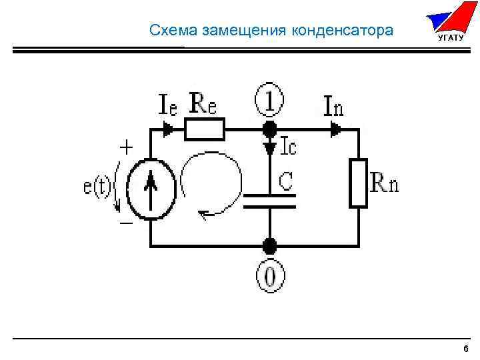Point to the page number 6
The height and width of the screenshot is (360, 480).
tap(465, 349)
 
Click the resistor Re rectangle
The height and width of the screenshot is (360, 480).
tap(205, 129)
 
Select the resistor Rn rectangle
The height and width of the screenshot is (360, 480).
tap(359, 182)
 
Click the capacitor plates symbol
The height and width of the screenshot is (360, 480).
tap(269, 201)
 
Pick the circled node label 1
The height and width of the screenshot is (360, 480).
tap(269, 102)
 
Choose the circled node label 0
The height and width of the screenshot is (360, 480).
tap(269, 276)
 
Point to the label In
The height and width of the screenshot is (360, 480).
tap(334, 104)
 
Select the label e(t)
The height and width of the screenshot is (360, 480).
tap(97, 187)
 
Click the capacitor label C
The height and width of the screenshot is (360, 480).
tap(285, 179)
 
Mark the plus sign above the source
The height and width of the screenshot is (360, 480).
tap(125, 146)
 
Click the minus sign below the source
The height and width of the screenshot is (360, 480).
tap(125, 224)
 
